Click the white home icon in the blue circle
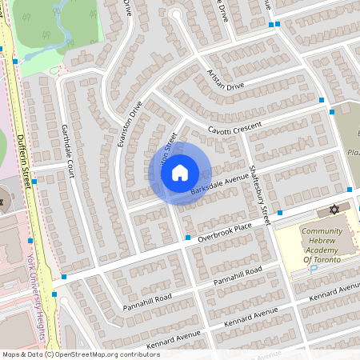(180, 173)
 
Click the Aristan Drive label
(226, 80)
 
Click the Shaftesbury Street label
(260, 192)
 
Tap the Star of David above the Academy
(334, 210)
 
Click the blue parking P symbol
(314, 269)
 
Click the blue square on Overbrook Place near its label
(187, 238)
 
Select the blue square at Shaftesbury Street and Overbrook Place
(280, 213)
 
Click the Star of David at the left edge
(2, 202)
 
